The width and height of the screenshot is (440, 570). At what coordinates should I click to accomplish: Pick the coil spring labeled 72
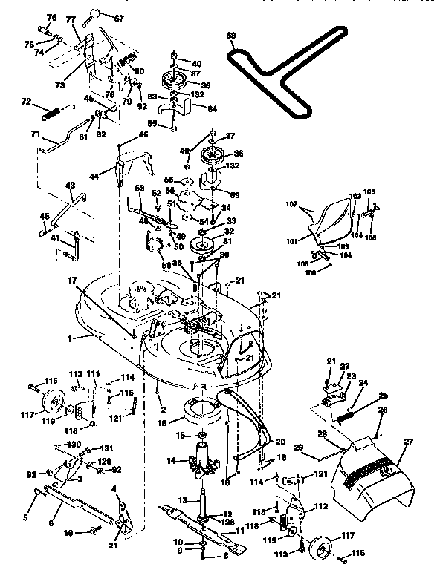click(x=51, y=115)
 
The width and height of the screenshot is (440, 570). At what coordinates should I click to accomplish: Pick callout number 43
click(x=71, y=186)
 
